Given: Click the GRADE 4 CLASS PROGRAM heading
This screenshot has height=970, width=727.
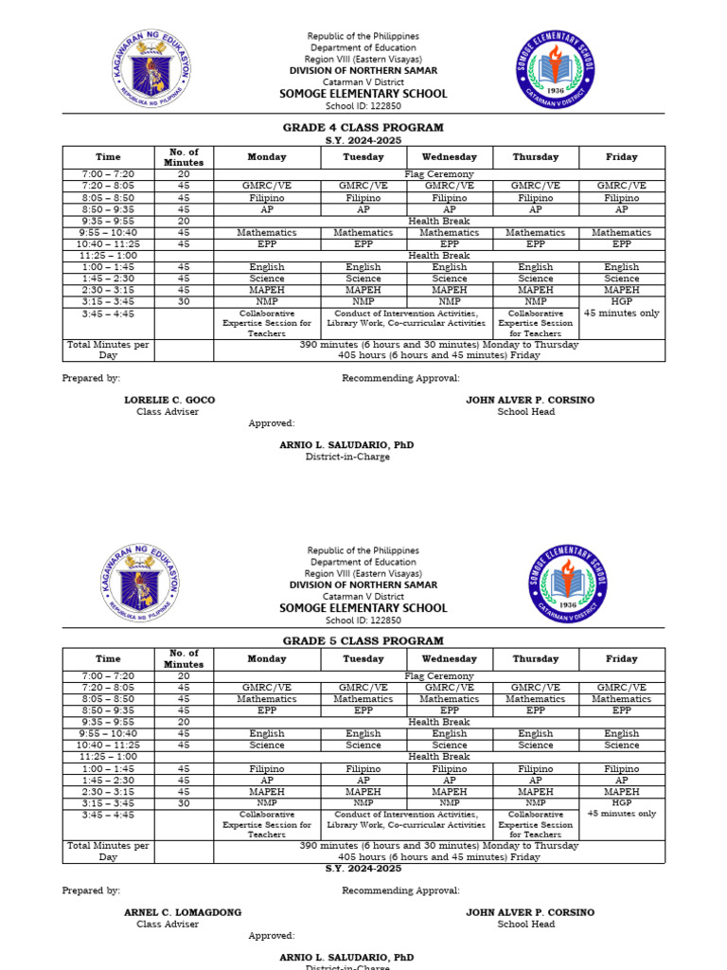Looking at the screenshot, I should (363, 127).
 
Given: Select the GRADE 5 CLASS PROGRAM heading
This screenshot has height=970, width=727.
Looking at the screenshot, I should (363, 641).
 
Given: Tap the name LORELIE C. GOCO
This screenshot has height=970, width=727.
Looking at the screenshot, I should (169, 400).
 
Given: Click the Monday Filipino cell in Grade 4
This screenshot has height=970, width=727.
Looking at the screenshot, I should (267, 198).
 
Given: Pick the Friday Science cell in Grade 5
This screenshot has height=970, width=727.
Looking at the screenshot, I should (622, 745).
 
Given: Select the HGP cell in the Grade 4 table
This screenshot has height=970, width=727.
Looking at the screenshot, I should (622, 301).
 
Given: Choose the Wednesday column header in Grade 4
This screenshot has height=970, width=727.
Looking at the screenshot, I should (450, 157).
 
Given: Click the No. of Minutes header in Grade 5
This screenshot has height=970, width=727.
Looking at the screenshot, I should (184, 658).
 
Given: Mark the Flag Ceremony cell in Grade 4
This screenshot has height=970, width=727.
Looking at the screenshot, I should (439, 174).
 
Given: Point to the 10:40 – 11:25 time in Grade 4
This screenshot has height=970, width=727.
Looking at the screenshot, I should (108, 243).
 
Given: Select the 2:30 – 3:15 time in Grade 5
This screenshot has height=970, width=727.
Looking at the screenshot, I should (108, 791).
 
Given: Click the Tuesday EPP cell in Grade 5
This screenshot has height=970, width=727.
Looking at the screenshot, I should (363, 710).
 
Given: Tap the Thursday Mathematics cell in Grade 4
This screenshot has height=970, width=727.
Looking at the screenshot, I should (536, 232).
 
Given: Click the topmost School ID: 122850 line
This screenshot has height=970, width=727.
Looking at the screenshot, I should (363, 106).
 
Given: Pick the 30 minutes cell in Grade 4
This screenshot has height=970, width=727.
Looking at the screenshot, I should (184, 301).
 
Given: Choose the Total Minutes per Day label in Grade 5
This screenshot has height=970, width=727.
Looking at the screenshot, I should (108, 852).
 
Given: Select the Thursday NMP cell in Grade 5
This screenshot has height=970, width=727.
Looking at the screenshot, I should (536, 802).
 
